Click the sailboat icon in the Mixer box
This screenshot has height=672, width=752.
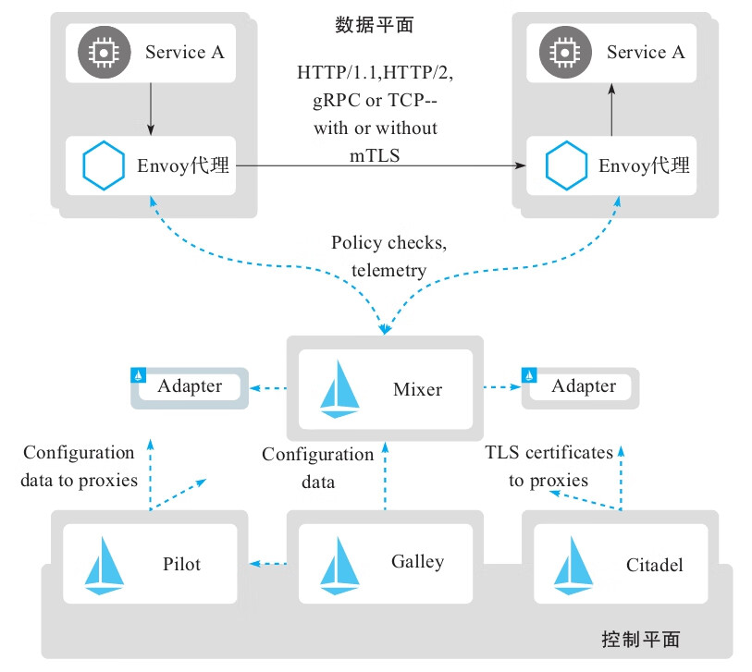pos(339,389)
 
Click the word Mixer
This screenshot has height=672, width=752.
pos(416,389)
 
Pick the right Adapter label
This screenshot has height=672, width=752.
pos(584,386)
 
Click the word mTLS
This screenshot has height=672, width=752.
pos(375,153)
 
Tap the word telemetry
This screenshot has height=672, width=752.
pos(388,270)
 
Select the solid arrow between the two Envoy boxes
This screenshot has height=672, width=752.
pos(379,166)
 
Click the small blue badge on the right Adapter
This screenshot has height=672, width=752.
pos(531,375)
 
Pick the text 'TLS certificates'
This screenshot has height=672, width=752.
pos(549,453)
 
